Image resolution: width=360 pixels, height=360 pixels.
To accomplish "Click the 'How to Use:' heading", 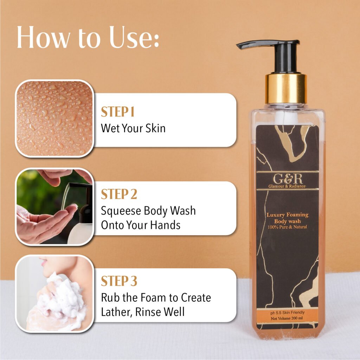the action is [x=88, y=37].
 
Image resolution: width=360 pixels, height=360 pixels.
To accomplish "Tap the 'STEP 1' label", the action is [x=117, y=112].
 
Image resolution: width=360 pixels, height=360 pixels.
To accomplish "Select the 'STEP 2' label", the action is [x=119, y=194].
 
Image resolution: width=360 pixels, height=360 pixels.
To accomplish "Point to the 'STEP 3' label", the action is [x=119, y=281].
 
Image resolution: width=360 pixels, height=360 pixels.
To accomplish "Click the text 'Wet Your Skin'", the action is [x=133, y=128].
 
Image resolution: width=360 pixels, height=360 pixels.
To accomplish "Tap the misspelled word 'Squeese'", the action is [x=121, y=211].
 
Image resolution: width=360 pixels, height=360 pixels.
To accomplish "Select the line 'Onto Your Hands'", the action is [x=141, y=225].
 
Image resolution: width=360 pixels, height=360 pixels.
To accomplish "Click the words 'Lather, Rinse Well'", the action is [x=143, y=312].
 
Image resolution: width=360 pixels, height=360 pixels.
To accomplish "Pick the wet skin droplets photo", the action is [x=54, y=118].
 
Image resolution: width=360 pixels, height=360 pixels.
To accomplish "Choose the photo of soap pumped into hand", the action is [x=54, y=207].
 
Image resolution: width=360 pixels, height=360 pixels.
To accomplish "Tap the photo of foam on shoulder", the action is [x=54, y=294].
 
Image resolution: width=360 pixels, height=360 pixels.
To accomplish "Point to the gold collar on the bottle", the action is [x=286, y=89].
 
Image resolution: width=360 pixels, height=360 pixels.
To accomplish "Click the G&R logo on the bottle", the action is [x=288, y=179].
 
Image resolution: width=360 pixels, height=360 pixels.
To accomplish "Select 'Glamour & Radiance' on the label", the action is [x=287, y=186].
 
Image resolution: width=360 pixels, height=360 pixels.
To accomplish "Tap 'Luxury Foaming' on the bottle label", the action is [x=288, y=215].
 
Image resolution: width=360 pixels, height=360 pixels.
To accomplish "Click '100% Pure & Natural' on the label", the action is [x=288, y=227].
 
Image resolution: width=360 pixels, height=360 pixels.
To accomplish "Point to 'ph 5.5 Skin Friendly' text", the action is [x=288, y=313].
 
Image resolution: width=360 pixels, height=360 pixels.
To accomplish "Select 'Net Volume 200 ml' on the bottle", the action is [x=287, y=319].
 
